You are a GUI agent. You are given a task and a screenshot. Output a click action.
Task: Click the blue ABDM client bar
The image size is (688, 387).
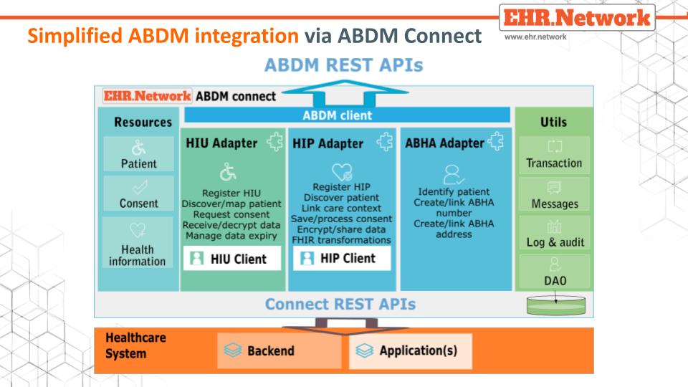[x=347, y=115]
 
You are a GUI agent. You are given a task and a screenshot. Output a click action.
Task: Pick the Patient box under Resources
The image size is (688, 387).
[x=138, y=155]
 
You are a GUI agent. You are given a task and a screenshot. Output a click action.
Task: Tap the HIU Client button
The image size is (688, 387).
[x=229, y=259]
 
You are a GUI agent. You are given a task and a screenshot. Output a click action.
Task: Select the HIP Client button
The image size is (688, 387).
[x=342, y=259]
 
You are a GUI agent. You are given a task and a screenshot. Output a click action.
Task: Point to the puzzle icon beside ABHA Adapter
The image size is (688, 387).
[x=495, y=143]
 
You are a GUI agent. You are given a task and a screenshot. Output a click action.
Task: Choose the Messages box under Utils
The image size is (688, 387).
[x=554, y=196]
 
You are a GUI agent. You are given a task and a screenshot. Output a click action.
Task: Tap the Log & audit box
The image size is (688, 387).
[x=554, y=234]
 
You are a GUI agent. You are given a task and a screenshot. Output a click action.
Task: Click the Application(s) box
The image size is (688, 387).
[x=410, y=351]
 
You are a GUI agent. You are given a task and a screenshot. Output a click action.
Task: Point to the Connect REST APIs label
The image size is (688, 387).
[x=340, y=304]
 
